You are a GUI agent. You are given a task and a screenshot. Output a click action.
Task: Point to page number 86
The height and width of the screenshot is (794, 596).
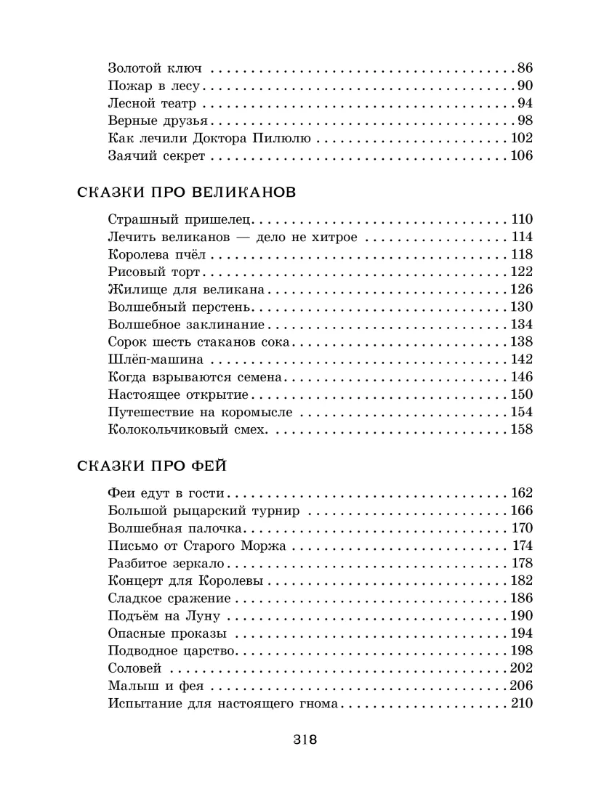(x=525, y=69)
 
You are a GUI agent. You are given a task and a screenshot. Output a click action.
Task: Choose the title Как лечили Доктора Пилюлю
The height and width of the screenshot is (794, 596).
(x=209, y=138)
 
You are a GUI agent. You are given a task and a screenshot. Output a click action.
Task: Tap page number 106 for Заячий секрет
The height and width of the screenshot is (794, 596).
(x=521, y=155)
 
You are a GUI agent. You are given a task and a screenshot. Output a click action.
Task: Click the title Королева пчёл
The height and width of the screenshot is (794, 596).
(x=157, y=254)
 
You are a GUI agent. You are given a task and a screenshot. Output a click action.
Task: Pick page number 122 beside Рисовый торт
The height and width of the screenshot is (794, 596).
(x=521, y=272)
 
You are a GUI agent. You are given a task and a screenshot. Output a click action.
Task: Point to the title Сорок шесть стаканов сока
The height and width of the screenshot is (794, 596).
(x=198, y=341)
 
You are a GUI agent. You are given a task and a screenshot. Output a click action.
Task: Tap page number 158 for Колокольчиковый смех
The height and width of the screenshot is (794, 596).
(x=521, y=429)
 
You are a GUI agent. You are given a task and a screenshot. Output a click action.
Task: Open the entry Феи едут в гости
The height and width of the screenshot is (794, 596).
(x=165, y=493)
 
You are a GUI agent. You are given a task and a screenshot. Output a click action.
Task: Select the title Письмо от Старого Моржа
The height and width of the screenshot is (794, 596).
(x=196, y=545)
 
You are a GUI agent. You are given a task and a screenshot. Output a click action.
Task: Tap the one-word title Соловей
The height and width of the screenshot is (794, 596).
(x=134, y=668)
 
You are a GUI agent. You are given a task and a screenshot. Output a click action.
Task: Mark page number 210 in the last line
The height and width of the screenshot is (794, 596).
(x=521, y=703)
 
